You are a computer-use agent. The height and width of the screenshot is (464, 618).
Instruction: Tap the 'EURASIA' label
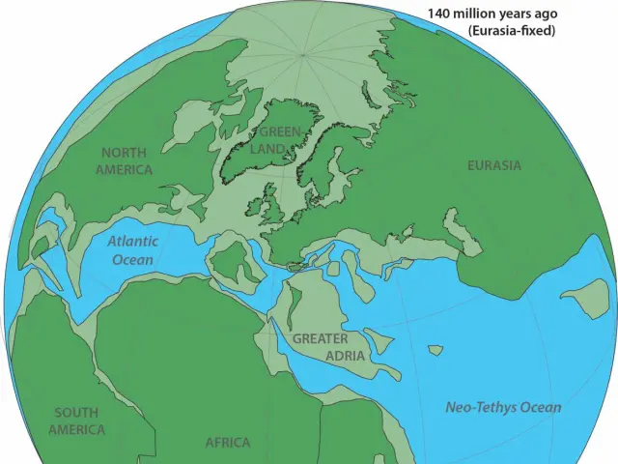(x=493, y=165)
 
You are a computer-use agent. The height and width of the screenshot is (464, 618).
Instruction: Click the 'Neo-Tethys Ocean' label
(x=503, y=407)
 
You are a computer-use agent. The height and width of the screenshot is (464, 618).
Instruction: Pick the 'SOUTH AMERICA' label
(x=76, y=420)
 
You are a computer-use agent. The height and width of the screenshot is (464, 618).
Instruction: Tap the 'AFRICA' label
(x=228, y=443)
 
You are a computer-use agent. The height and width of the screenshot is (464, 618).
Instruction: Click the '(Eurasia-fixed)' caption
(x=512, y=31)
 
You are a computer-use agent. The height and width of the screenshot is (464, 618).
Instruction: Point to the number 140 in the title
(x=442, y=14)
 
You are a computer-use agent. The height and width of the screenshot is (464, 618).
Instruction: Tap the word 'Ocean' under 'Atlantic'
(x=132, y=259)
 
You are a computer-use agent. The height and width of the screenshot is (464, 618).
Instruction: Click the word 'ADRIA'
(x=345, y=356)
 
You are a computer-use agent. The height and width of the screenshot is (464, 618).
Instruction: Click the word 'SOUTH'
(x=76, y=412)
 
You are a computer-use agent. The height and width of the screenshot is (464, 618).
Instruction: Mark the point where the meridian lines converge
(x=302, y=55)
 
